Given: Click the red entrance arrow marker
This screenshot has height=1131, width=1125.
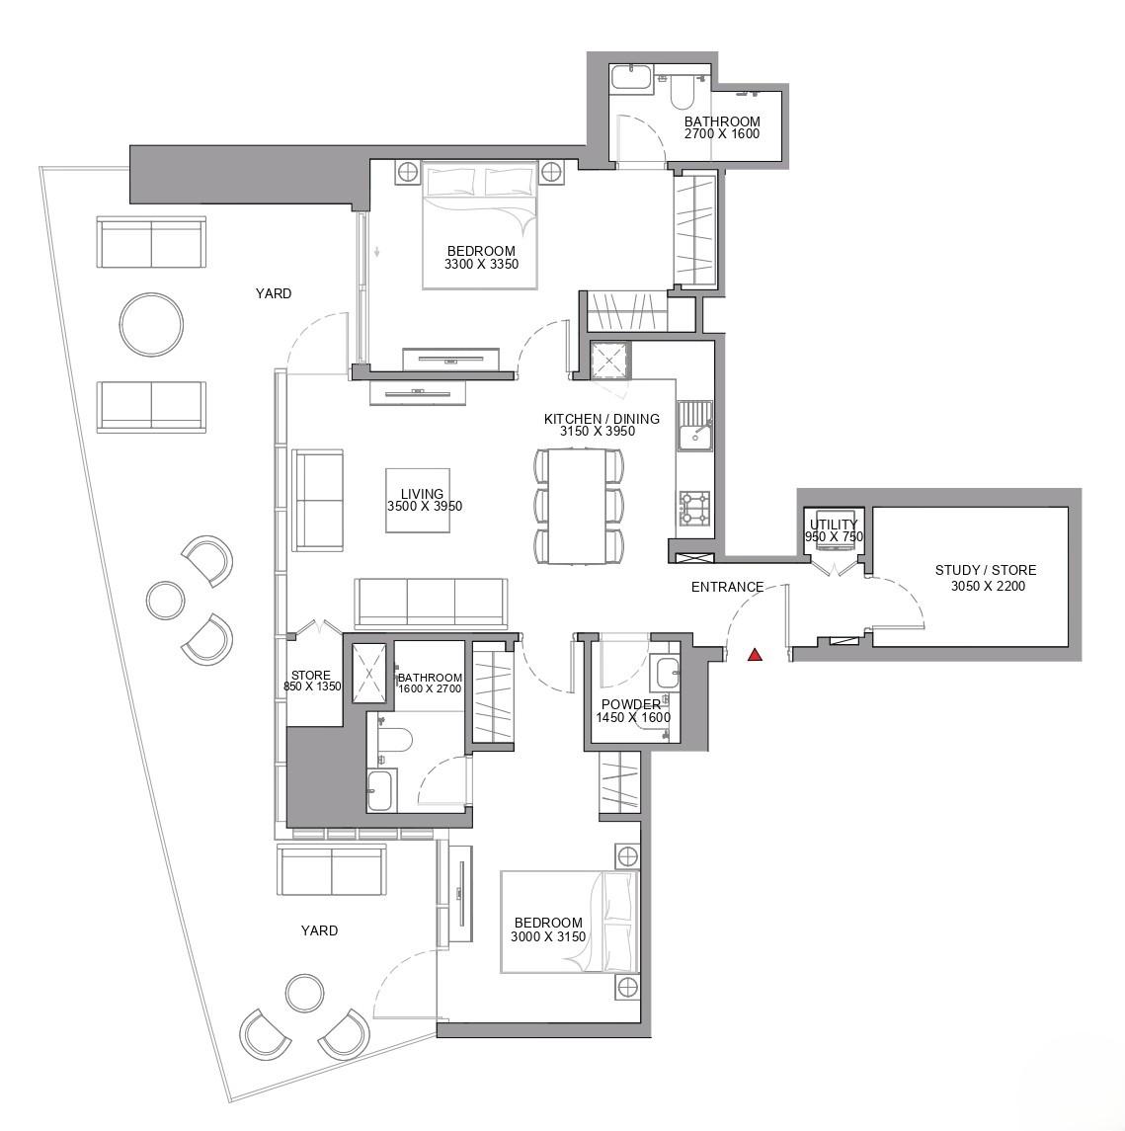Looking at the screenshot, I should pyautogui.click(x=756, y=654).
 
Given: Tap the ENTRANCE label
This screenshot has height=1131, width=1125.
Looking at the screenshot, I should pyautogui.click(x=727, y=587).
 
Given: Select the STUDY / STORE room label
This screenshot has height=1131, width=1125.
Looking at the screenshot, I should pyautogui.click(x=986, y=570).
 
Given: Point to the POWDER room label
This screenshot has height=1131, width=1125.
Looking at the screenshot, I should pyautogui.click(x=631, y=704).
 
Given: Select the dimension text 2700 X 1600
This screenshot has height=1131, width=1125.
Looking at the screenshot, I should pyautogui.click(x=722, y=133).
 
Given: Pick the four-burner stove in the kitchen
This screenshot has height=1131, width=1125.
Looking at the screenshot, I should pyautogui.click(x=695, y=509).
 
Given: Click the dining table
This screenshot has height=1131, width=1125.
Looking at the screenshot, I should pyautogui.click(x=579, y=506).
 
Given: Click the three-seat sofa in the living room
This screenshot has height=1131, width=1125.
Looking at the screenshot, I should pyautogui.click(x=431, y=603).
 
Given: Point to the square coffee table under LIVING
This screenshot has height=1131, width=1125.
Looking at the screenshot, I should pyautogui.click(x=418, y=500).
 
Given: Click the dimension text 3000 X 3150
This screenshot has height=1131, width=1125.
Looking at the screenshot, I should pyautogui.click(x=548, y=936).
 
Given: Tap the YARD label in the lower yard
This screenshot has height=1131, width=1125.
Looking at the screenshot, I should pyautogui.click(x=319, y=930).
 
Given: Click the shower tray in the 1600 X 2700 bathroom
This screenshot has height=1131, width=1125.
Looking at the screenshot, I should pyautogui.click(x=369, y=673).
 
